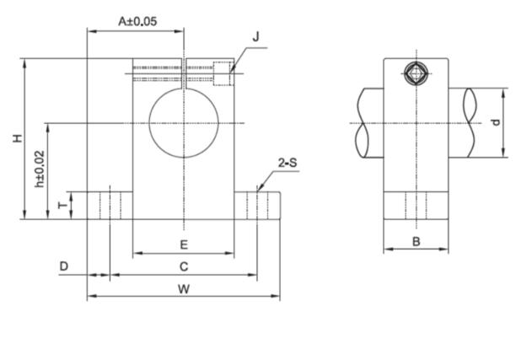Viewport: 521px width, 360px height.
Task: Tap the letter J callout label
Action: click(255, 36)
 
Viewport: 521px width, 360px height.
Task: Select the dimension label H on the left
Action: click(17, 138)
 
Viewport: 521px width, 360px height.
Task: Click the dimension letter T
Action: click(61, 205)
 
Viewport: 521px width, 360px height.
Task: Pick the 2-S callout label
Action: click(287, 162)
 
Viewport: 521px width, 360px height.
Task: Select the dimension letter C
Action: click(183, 266)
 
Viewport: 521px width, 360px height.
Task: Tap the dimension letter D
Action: click(63, 266)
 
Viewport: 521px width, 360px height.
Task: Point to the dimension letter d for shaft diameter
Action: click(497, 122)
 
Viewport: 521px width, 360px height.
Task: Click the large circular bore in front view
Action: click(183, 123)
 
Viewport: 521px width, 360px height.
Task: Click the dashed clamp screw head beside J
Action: click(223, 73)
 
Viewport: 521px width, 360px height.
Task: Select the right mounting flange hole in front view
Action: click(256, 205)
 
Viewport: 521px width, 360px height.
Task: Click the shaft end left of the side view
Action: click(368, 123)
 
